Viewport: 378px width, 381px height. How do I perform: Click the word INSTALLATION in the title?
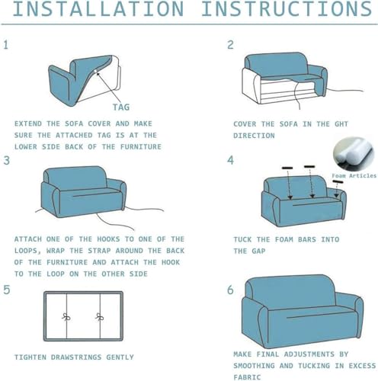point(98,8)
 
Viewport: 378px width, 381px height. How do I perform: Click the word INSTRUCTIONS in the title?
point(287,8)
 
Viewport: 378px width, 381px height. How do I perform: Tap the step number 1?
point(6,45)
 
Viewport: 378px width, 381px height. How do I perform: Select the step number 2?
point(230,45)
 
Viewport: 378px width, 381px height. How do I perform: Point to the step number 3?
point(6,161)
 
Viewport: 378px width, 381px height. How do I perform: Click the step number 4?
point(230,160)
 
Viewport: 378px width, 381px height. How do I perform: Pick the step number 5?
point(7,290)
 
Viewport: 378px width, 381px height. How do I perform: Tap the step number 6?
point(230,290)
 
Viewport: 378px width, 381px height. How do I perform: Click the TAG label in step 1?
point(121,107)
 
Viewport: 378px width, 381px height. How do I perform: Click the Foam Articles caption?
point(354,175)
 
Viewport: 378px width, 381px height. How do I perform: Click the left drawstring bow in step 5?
point(66,317)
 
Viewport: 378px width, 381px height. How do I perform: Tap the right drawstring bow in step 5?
point(99,317)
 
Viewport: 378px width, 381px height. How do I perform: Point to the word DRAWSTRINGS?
point(76,357)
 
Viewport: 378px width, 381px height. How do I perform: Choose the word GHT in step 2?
point(341,124)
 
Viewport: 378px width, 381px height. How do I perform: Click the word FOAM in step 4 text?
point(284,239)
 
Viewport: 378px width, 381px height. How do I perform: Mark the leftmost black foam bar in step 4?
point(287,168)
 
